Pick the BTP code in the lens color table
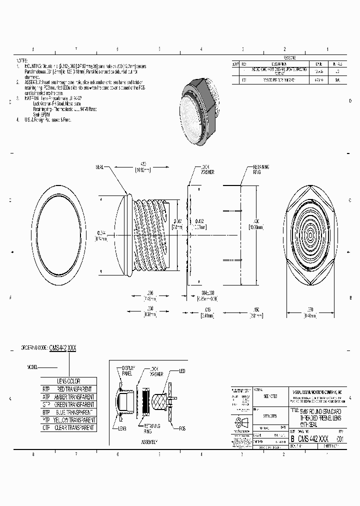pyautogui.click(x=46, y=412)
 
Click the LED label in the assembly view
pyautogui.click(x=182, y=371)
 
